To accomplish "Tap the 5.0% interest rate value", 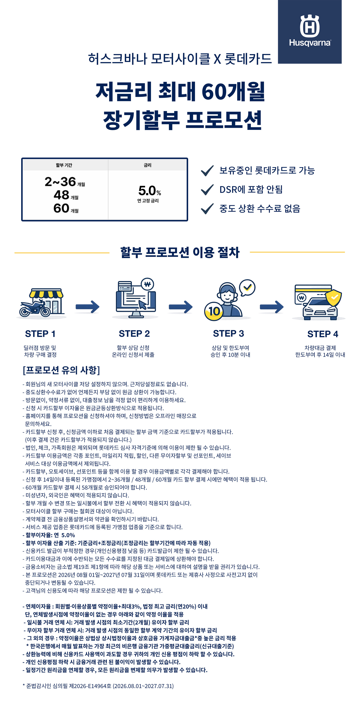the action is point(149,190).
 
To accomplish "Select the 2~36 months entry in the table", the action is point(65,182).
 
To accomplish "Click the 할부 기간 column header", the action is point(64,165).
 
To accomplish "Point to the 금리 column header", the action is point(148,165).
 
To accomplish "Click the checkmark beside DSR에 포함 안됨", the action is point(207,189).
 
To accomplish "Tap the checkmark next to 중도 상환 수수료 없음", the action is point(207,209).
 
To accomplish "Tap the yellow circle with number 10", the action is point(214,311).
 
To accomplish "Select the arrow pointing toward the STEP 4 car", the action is point(271,307).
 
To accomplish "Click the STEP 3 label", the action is point(228,333).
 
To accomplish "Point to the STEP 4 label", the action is point(323,334).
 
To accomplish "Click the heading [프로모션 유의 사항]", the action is point(61,370).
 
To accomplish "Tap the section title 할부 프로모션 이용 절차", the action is point(180,252).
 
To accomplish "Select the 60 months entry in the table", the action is point(66,208).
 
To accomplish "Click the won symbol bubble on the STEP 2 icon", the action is point(147,284).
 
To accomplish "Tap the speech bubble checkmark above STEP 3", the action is point(247,287).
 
